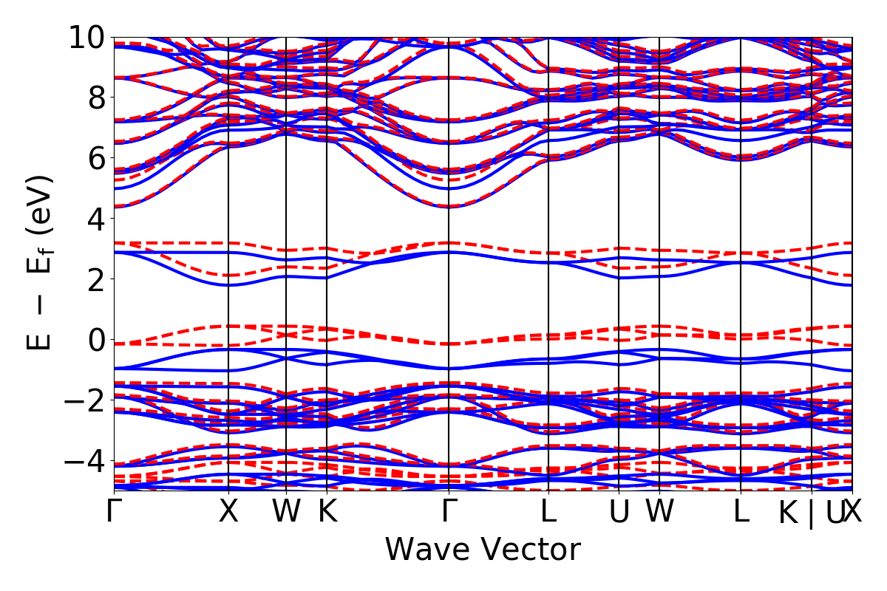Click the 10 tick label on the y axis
(87, 37)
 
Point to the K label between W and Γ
(327, 512)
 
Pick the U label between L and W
(619, 512)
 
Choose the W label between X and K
(286, 512)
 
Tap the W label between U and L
(659, 512)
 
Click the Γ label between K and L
(449, 512)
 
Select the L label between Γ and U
(548, 512)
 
